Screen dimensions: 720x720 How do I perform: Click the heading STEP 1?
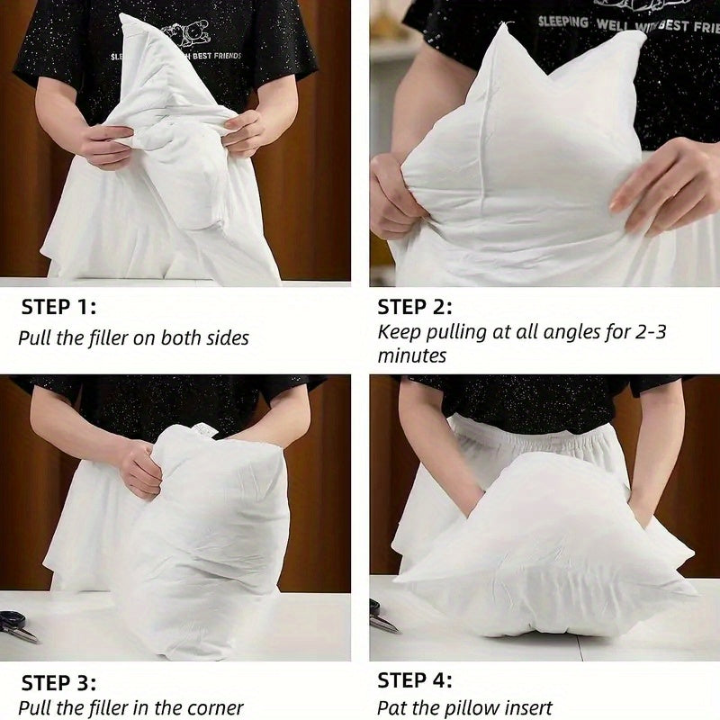pos(58,307)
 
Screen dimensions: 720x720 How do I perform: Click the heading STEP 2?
pos(415,307)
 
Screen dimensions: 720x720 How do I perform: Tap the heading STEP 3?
pos(58,683)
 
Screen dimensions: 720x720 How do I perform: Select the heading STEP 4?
pos(415,680)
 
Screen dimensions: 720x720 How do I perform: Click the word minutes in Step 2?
pos(412,355)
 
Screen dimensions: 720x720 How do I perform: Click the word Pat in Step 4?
pos(392,708)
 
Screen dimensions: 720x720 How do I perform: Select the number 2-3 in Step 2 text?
pos(650,332)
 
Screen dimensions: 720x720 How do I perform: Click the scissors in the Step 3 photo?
pos(19,626)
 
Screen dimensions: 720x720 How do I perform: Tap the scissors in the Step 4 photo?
pos(383,616)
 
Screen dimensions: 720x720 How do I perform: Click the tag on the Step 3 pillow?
pos(203,430)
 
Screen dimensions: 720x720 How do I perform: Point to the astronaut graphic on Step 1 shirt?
pos(187,32)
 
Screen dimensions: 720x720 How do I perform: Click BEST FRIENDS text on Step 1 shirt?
pos(217,56)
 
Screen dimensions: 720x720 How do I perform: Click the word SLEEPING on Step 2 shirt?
pos(563,21)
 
